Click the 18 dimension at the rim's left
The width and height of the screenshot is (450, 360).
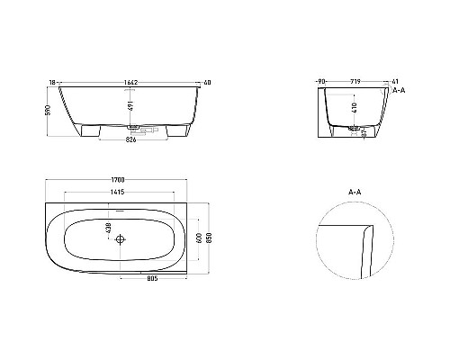pos(53,82)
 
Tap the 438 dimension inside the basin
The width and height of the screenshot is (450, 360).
pos(109,229)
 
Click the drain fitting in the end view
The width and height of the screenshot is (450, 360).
pos(357,129)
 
